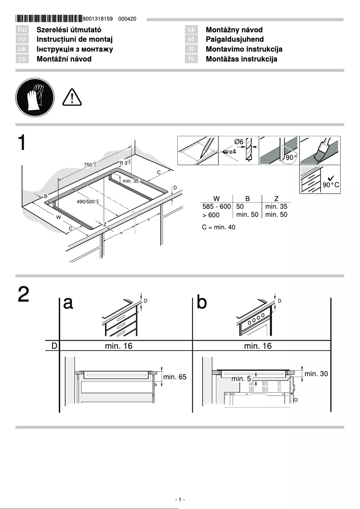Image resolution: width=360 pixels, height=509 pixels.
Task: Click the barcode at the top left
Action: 49,19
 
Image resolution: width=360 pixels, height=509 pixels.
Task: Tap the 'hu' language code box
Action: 22,30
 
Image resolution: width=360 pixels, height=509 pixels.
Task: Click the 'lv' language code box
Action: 192,59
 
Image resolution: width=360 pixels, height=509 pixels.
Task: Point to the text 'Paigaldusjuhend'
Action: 234,39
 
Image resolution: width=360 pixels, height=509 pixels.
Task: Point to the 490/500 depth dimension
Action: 87,202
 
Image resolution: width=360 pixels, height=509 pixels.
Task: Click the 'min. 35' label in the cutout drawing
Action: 131,181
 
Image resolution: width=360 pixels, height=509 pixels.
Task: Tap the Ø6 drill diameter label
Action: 239,142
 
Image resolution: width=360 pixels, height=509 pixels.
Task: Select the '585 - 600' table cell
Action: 216,206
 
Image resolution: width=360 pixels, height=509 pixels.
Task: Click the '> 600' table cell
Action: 211,215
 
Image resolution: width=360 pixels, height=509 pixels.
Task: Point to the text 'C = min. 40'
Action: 219,228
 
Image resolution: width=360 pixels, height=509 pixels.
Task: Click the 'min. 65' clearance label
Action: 175,377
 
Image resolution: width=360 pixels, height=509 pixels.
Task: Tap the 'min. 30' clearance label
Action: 316,373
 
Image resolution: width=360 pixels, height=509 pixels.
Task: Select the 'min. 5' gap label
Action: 241,379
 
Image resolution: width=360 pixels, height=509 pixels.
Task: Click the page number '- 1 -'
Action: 180,500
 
